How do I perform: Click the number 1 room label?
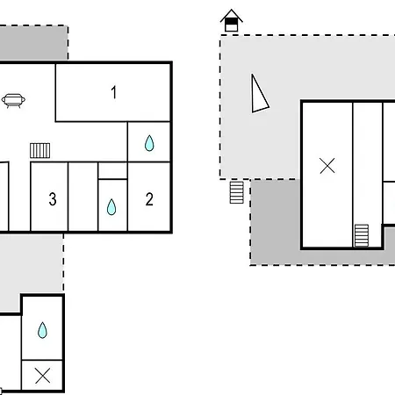114,92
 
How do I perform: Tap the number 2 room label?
149,199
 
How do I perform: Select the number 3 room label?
53,199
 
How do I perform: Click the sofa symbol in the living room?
13,101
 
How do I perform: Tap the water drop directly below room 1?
149,143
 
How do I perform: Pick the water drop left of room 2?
111,207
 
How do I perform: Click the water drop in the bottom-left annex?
42,330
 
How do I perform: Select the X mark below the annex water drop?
42,376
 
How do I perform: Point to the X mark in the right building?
327,166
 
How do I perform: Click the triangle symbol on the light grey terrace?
259,95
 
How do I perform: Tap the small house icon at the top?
232,20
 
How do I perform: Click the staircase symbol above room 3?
40,150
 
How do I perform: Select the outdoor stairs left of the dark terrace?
237,192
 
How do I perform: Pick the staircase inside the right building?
362,235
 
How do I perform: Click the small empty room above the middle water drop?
112,170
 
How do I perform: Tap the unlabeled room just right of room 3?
83,197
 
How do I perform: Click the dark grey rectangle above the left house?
33,43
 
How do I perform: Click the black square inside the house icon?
232,22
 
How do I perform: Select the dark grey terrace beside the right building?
275,222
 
